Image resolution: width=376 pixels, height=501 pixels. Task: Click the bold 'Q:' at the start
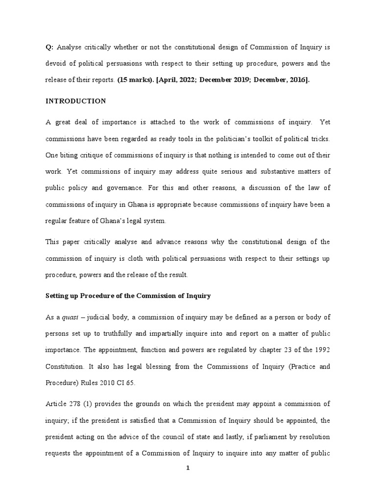(49, 47)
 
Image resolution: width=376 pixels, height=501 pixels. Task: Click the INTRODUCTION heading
(75, 101)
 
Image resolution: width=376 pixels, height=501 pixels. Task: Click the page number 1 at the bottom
(188, 468)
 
